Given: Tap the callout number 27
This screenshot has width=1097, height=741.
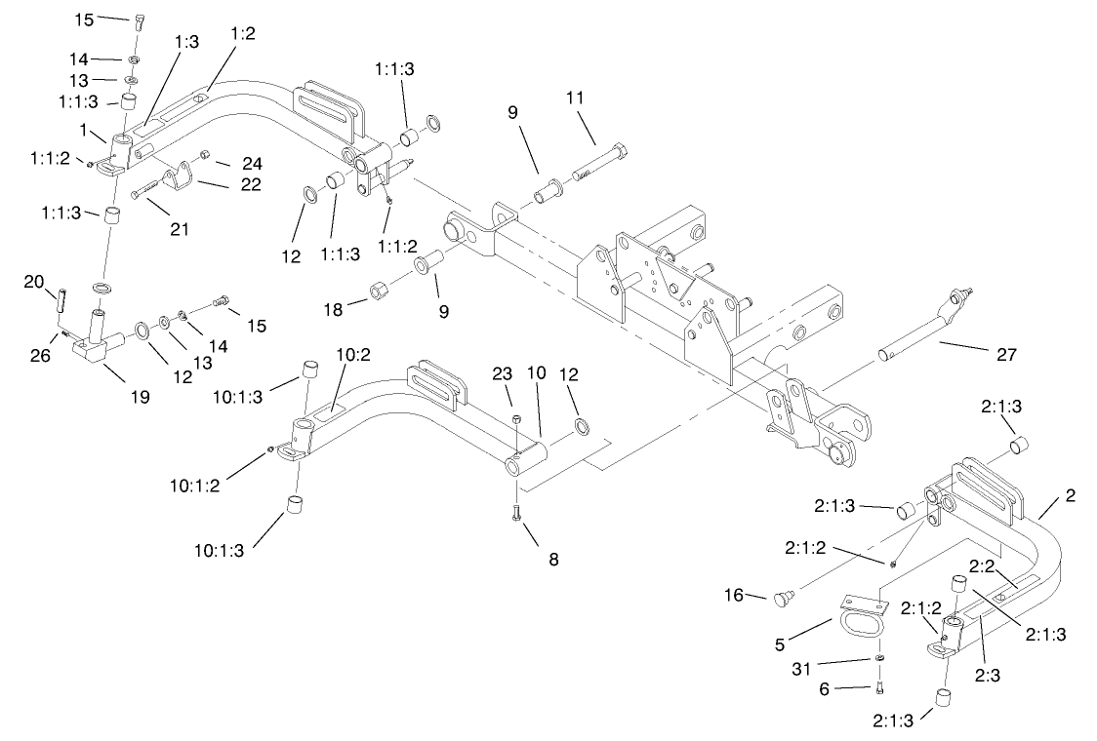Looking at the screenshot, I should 1005,354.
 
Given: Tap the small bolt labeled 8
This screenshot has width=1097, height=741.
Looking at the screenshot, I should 515,513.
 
